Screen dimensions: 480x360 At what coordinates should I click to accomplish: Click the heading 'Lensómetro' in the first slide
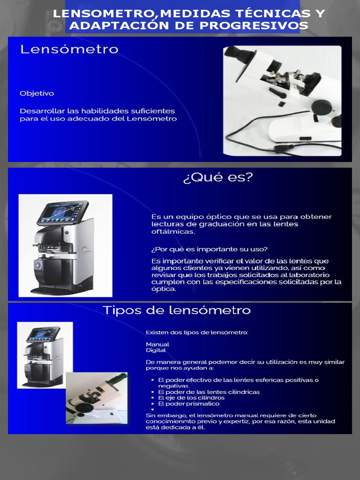point(69,49)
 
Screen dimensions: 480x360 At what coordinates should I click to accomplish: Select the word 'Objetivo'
point(37,93)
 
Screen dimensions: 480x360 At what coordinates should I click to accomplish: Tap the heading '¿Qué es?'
point(217,179)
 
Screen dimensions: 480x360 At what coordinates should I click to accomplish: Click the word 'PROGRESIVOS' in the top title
point(264,26)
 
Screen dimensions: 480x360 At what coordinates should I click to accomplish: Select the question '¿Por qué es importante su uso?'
point(210,248)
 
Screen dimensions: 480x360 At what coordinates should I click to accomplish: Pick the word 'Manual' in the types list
point(157,344)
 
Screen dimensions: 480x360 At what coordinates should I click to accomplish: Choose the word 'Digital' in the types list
point(156,350)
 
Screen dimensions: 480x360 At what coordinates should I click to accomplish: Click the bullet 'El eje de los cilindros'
point(191,397)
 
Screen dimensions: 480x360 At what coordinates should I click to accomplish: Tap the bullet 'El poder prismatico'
point(188,404)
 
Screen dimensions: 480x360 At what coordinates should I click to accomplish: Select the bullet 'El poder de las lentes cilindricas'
point(209,391)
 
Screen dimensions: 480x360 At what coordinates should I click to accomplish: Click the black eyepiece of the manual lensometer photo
point(233,51)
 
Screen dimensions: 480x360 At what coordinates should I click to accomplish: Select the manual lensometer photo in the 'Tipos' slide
point(97,398)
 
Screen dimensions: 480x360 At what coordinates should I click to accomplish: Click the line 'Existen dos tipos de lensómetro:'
point(197,332)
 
